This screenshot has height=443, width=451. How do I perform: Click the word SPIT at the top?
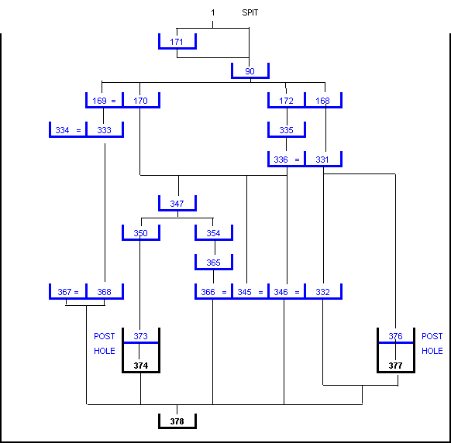pyautogui.click(x=250, y=12)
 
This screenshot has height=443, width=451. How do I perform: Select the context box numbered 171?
pyautogui.click(x=177, y=41)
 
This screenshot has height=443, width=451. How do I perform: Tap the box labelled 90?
pyautogui.click(x=250, y=70)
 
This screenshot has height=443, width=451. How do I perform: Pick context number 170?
pyautogui.click(x=141, y=101)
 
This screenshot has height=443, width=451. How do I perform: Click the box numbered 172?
pyautogui.click(x=286, y=101)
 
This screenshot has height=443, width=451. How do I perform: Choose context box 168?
pyautogui.click(x=323, y=101)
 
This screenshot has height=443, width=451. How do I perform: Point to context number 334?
pyautogui.click(x=62, y=130)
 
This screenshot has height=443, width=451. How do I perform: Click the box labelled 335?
pyautogui.click(x=287, y=129)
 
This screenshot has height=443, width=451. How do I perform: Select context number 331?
pyautogui.click(x=322, y=160)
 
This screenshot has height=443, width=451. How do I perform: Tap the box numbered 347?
pyautogui.click(x=177, y=203)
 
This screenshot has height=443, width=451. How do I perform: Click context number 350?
pyautogui.click(x=141, y=233)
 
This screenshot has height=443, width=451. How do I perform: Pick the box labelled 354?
pyautogui.click(x=214, y=232)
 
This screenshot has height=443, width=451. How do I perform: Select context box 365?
pyautogui.click(x=214, y=263)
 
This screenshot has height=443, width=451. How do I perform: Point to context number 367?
pyautogui.click(x=64, y=292)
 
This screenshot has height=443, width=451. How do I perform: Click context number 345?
pyautogui.click(x=244, y=292)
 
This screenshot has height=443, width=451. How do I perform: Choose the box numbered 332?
pyautogui.click(x=323, y=291)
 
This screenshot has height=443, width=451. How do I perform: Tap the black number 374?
pyautogui.click(x=141, y=366)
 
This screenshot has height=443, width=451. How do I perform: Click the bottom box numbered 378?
pyautogui.click(x=177, y=421)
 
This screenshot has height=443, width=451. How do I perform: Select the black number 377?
pyautogui.click(x=396, y=366)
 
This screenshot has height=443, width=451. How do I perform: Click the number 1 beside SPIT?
pyautogui.click(x=213, y=12)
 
